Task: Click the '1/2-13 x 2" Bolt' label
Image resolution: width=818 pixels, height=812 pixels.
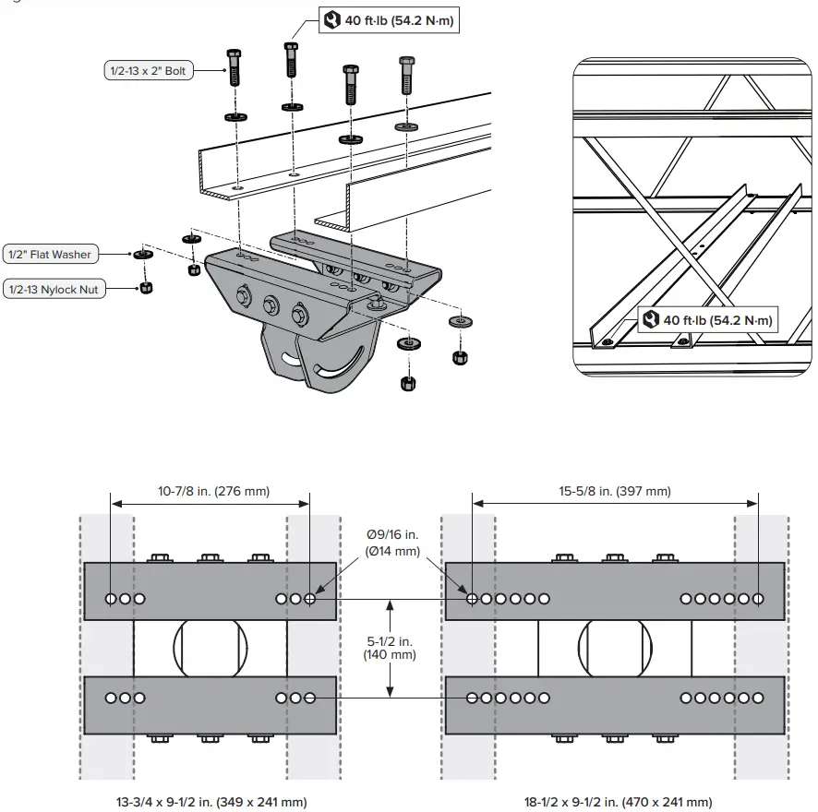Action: click(x=148, y=71)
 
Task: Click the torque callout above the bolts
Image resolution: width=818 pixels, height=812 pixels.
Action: click(x=389, y=20)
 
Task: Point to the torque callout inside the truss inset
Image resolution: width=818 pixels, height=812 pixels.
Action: click(x=707, y=320)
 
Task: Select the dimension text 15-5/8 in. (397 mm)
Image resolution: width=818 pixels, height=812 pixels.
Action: click(x=615, y=491)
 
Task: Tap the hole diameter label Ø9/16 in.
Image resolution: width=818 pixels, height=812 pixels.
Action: click(x=393, y=535)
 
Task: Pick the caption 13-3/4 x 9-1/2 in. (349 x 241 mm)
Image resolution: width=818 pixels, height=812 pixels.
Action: click(x=211, y=802)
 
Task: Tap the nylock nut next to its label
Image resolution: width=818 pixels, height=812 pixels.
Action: click(x=146, y=288)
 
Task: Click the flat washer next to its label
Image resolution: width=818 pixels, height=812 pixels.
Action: click(x=141, y=254)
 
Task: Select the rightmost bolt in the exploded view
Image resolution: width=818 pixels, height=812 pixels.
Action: click(x=407, y=76)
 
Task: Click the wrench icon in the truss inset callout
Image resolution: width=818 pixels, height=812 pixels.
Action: click(x=651, y=320)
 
